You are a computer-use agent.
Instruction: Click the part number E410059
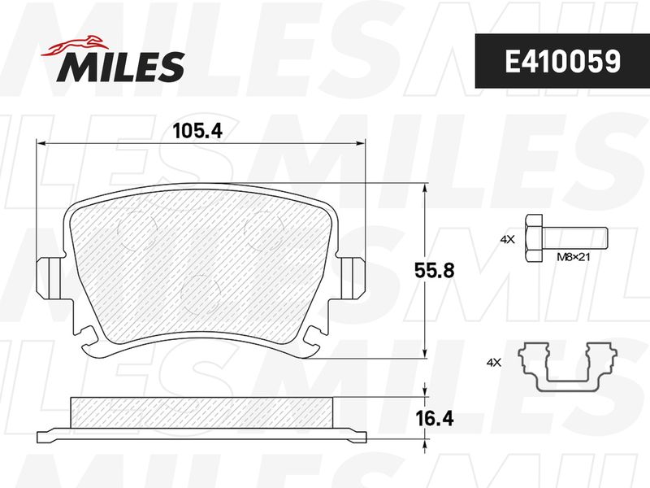[x=562, y=62]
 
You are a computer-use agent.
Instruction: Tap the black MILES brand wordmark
[x=121, y=66]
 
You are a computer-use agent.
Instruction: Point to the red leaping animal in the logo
[x=76, y=45]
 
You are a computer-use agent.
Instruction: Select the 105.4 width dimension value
[x=197, y=131]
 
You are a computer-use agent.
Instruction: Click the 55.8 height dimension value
[x=435, y=271]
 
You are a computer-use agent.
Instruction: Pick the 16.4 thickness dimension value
[x=435, y=419]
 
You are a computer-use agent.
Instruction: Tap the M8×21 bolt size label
[x=574, y=257]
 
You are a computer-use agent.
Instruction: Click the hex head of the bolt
[x=534, y=238]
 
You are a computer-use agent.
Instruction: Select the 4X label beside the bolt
[x=507, y=239]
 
